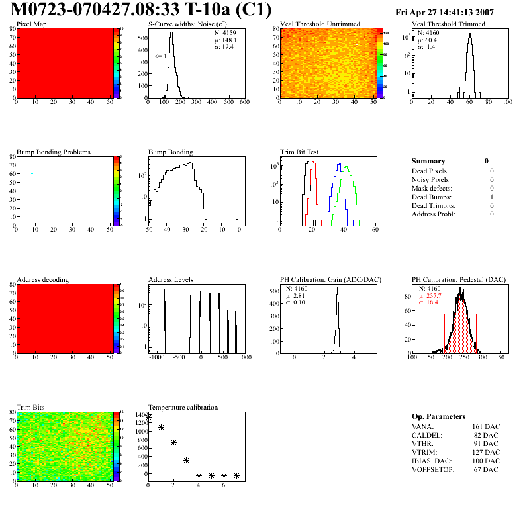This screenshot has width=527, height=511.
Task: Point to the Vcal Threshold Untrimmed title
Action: point(320,24)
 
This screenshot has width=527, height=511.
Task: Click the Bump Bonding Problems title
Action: point(54,152)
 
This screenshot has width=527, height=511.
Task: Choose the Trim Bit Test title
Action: point(300,152)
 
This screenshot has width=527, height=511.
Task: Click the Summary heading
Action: point(428,161)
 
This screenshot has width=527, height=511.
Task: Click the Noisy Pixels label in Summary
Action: point(431,179)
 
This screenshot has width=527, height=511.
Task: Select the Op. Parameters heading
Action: point(437,416)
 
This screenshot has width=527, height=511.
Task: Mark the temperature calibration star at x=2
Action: point(173,442)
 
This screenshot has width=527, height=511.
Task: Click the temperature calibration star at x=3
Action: point(186,460)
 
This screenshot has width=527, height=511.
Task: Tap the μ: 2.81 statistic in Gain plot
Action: point(298,296)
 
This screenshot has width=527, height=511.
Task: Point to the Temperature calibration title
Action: point(183,407)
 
